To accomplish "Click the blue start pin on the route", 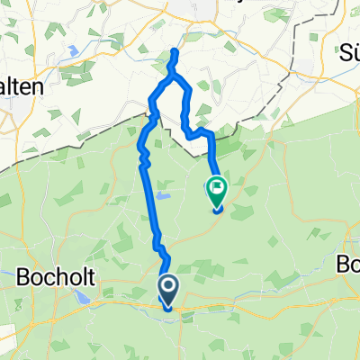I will tap(167, 289).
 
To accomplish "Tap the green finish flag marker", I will tap(217, 189).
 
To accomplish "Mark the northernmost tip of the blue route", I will tap(175, 53).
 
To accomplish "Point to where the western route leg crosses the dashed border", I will tap(151, 115).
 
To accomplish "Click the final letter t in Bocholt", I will tap(84, 276).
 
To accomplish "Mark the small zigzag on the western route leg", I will tap(142, 160).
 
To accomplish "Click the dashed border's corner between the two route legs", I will tap(194, 153).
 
